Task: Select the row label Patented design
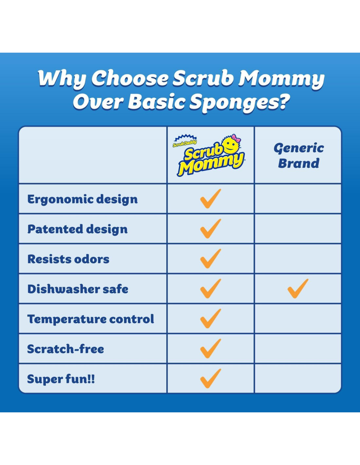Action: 78,229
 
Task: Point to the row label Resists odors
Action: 68,259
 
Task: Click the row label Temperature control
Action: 91,319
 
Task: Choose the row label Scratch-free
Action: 65,349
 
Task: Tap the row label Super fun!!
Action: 61,379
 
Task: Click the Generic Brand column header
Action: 298,156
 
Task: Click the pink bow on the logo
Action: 236,138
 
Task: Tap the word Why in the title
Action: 63,78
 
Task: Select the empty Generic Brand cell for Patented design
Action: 298,229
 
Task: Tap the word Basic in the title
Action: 156,101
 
